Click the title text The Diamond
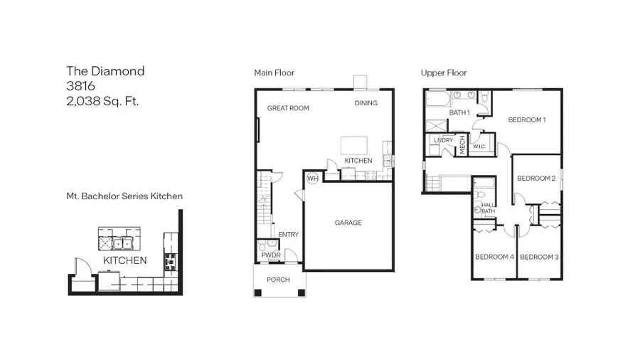(105, 70)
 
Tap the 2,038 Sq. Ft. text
(102, 100)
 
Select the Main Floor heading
(274, 73)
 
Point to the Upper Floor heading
(444, 73)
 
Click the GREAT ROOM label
(288, 109)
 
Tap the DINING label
(366, 103)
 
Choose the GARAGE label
(348, 223)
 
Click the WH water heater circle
(312, 179)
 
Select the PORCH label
(278, 280)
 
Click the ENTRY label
(288, 235)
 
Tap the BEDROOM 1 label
(526, 120)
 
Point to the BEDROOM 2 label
(535, 178)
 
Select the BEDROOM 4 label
(494, 256)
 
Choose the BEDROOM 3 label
(539, 256)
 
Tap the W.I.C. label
(479, 147)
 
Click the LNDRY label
(444, 140)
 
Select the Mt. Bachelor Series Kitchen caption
(125, 196)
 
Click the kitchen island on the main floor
(357, 145)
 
